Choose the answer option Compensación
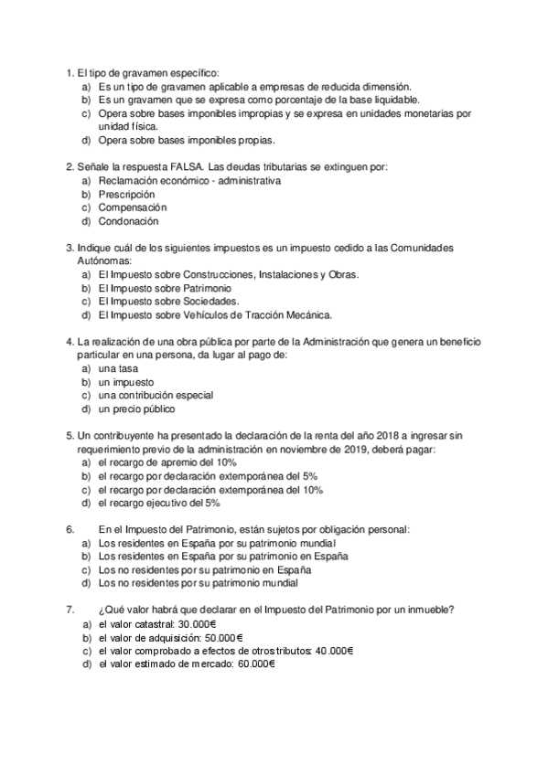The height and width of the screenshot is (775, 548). (x=132, y=207)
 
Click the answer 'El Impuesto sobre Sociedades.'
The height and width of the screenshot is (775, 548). (x=168, y=301)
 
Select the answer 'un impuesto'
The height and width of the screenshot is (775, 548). (x=126, y=381)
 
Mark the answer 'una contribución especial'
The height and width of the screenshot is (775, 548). (x=156, y=395)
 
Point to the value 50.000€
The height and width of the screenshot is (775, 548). (x=223, y=637)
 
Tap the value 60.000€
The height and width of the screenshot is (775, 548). (x=256, y=664)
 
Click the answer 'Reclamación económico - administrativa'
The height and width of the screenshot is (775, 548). (x=188, y=181)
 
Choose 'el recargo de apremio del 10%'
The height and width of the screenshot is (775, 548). (x=160, y=462)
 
